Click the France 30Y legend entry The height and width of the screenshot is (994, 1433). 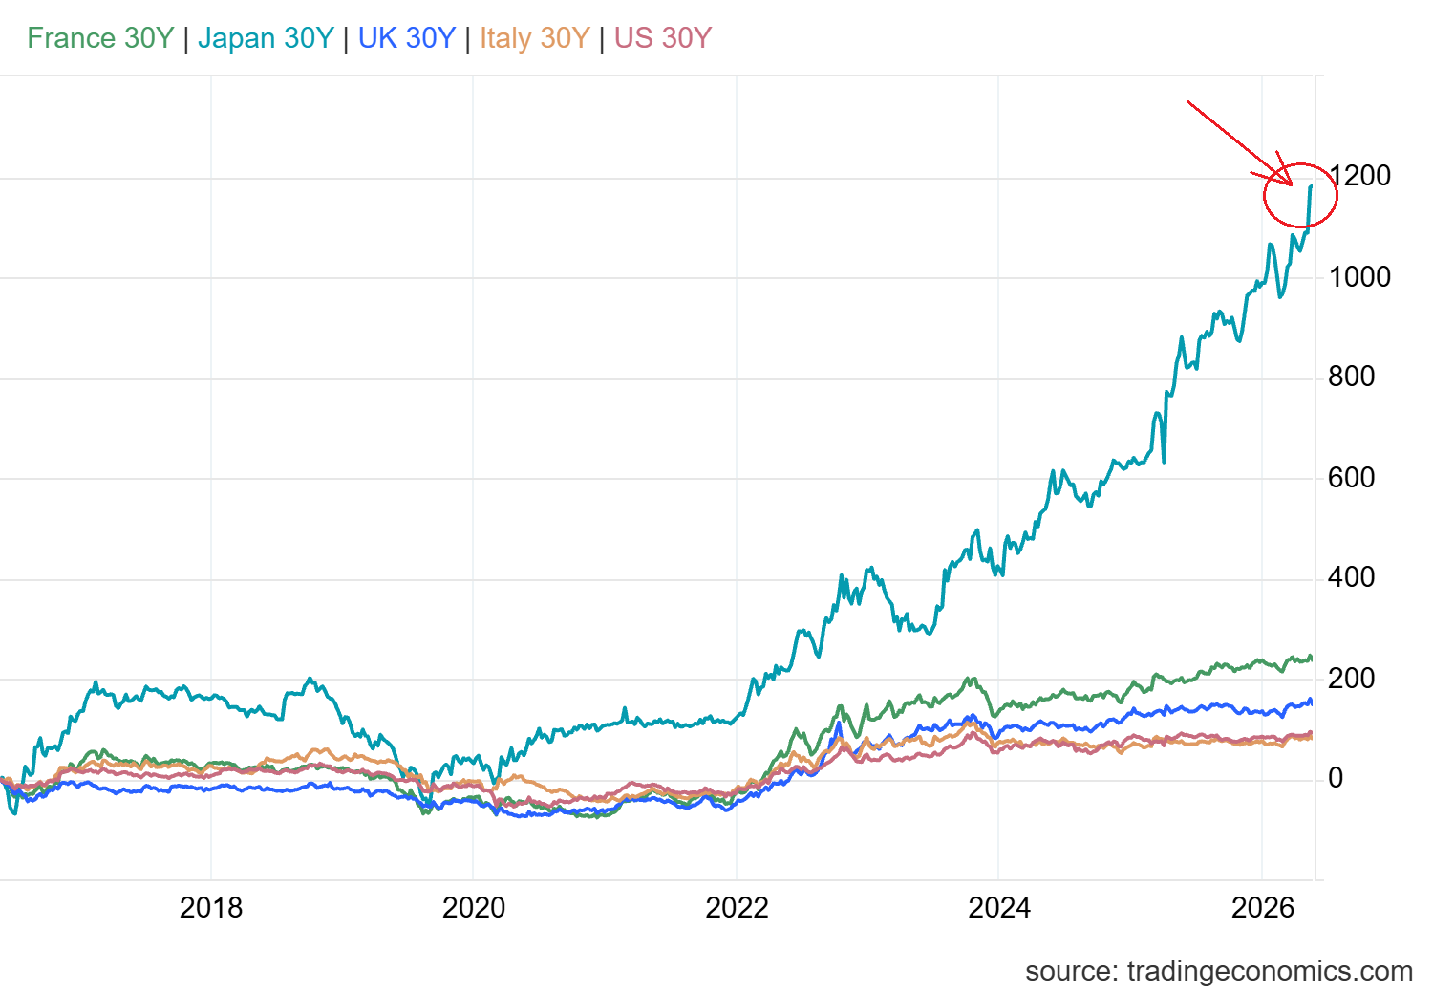[x=100, y=38]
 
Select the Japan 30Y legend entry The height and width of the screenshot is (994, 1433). [x=266, y=38]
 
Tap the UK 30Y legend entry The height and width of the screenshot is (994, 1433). [x=407, y=38]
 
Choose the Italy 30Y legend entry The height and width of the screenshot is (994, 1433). [x=534, y=38]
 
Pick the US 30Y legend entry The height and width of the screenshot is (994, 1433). [x=663, y=38]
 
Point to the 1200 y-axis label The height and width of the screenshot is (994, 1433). [x=1359, y=175]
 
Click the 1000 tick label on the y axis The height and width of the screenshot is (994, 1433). [x=1359, y=277]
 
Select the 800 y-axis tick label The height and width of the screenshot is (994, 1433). [x=1351, y=377]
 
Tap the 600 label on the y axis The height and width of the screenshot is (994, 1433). [x=1351, y=478]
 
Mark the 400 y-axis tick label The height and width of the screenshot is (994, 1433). [x=1351, y=577]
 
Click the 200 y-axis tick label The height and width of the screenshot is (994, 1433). [x=1351, y=679]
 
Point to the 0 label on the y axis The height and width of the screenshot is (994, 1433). [x=1336, y=778]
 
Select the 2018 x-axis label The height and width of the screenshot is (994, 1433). [x=211, y=908]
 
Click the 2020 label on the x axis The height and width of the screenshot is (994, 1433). [x=474, y=908]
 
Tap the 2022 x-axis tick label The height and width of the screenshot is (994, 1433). [x=737, y=908]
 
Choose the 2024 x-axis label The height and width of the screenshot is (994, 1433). [x=999, y=908]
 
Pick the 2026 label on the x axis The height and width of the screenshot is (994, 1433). [x=1263, y=908]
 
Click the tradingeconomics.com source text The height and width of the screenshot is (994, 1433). [x=1270, y=971]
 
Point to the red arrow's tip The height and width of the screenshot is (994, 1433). [x=1293, y=185]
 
